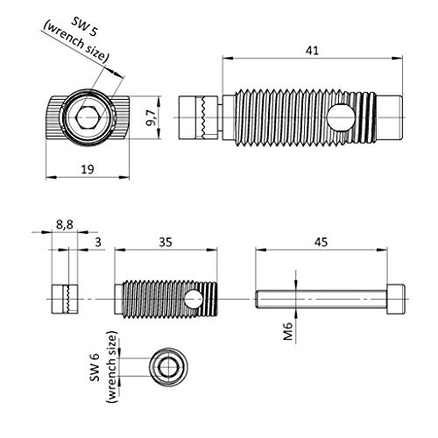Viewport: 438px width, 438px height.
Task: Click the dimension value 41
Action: (312, 51)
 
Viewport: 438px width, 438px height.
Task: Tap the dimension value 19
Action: (88, 169)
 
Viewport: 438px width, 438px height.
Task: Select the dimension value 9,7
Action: (152, 117)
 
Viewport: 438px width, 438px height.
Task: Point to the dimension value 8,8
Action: (65, 225)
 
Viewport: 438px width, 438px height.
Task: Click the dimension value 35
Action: (166, 243)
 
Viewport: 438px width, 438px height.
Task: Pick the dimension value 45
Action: (321, 243)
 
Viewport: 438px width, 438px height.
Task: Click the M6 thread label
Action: (288, 331)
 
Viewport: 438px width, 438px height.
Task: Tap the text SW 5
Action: (84, 26)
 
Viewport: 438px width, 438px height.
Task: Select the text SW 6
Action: (95, 367)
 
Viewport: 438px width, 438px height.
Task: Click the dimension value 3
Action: (98, 243)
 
